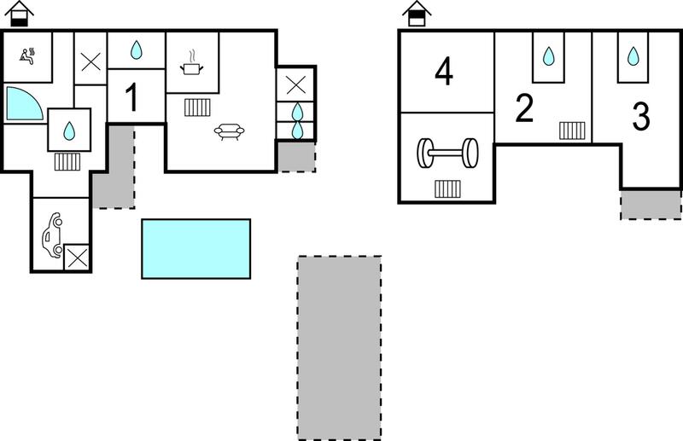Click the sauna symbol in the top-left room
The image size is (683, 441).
[x=27, y=55]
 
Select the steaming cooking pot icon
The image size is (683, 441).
[x=191, y=64]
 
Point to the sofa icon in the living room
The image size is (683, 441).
[x=229, y=131]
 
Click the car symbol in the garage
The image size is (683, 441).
[x=53, y=235]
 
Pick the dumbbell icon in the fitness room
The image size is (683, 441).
[x=447, y=154]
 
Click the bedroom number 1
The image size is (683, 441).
[x=131, y=96]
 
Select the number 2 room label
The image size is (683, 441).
[x=524, y=108]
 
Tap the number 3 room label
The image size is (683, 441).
[x=641, y=116]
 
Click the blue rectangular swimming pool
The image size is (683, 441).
[x=196, y=248]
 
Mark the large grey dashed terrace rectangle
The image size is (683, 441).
[x=339, y=348]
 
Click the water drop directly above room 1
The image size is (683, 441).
[x=137, y=49]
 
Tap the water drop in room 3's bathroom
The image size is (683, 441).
[x=633, y=56]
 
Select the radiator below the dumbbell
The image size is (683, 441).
[x=447, y=189]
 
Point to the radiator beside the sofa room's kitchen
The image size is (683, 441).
[x=197, y=107]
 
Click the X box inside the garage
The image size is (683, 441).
[x=77, y=258]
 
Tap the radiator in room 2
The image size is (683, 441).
[x=572, y=131]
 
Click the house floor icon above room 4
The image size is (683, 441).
[x=417, y=14]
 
